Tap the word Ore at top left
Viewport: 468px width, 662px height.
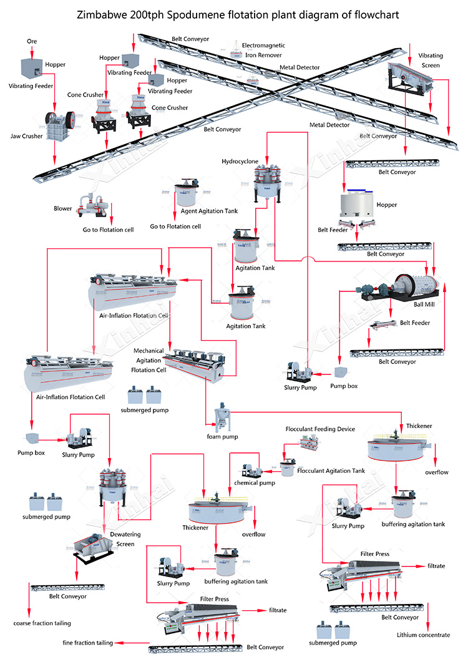point(32,41)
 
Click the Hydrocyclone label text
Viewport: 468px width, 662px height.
point(240,161)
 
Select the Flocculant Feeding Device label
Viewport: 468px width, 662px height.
point(320,429)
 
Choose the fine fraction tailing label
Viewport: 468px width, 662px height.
point(87,643)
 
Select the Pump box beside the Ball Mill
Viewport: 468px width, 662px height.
point(341,372)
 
